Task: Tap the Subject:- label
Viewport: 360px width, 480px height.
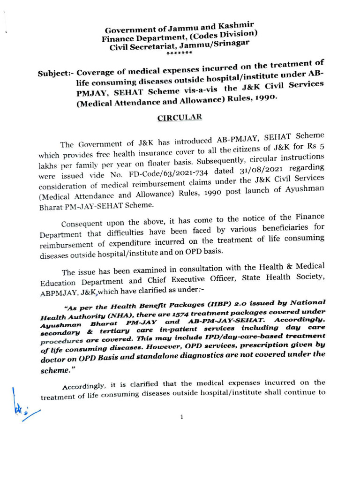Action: [56, 74]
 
